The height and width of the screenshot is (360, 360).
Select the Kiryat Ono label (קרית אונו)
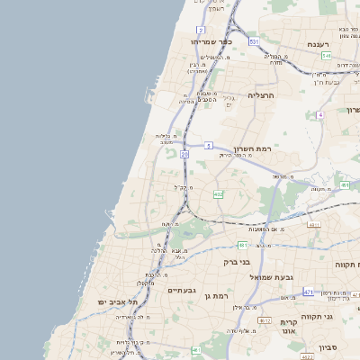[290, 327]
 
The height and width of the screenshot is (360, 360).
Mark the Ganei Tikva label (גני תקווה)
[340, 317]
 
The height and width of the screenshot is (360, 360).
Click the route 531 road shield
[254, 41]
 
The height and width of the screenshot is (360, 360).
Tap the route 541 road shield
[326, 56]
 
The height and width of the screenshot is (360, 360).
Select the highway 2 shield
[199, 30]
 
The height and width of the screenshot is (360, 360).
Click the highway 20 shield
[184, 155]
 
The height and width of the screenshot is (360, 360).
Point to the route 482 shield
[218, 193]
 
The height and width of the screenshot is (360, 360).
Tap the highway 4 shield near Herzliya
[320, 115]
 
